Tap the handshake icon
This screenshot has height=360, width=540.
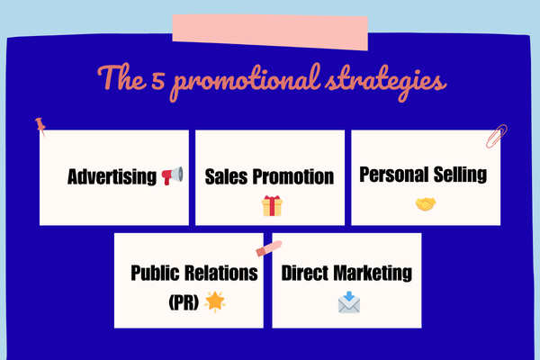[x=426, y=204]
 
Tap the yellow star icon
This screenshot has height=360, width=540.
[x=216, y=301]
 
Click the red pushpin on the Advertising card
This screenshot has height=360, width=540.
[x=40, y=126]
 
